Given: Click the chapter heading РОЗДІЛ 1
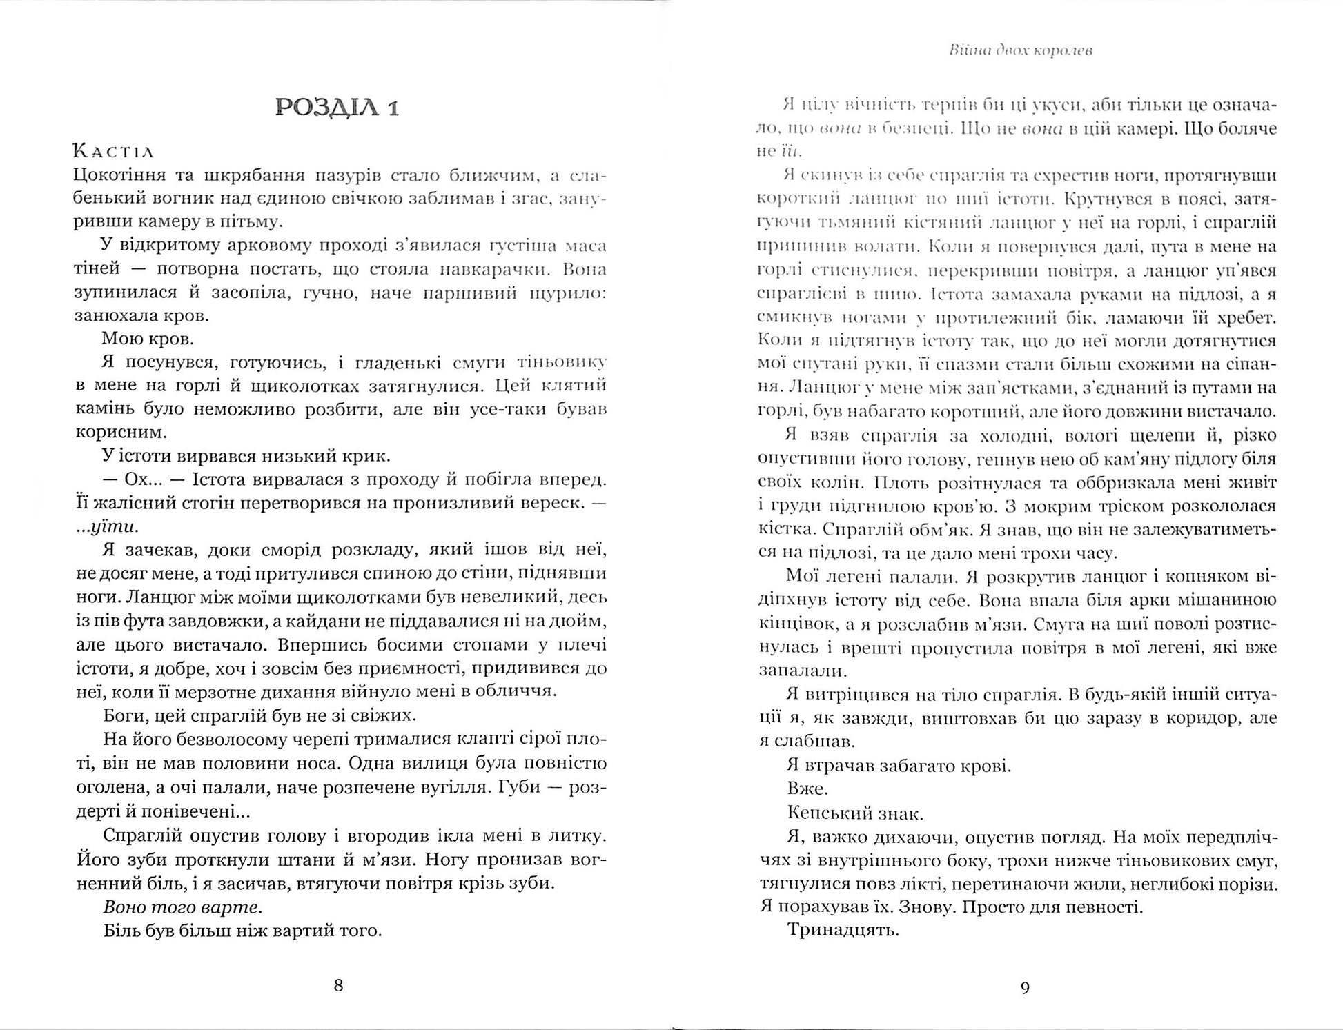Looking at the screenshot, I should (x=337, y=108).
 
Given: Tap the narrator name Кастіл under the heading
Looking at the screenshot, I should (x=114, y=151).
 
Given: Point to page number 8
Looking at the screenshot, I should (x=338, y=984).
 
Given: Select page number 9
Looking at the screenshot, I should (x=1025, y=988).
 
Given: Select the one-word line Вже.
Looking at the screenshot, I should (x=807, y=789).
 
